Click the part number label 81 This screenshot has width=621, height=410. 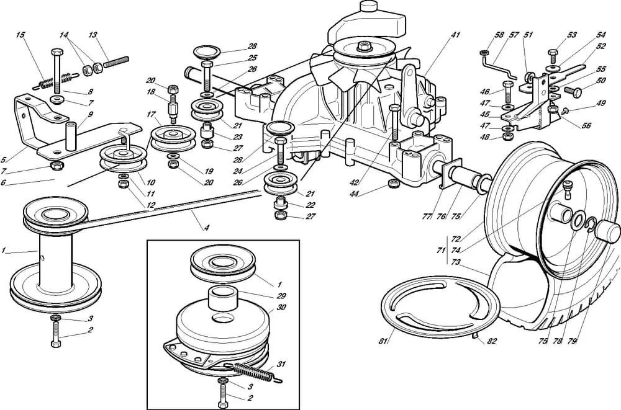tap(383, 341)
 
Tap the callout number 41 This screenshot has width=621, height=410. tap(455, 35)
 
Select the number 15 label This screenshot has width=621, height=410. tap(20, 35)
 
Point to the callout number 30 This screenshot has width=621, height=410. tap(281, 307)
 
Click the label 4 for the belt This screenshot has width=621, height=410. tap(206, 228)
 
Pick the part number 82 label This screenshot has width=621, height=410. tap(491, 341)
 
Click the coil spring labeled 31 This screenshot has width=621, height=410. tap(253, 372)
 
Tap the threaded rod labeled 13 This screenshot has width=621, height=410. tap(116, 62)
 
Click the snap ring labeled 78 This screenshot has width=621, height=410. tap(591, 224)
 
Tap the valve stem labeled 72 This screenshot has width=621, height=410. tap(568, 189)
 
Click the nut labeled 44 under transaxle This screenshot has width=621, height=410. tap(393, 183)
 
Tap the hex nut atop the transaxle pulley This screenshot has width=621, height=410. tap(363, 46)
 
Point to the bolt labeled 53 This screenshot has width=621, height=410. tap(553, 56)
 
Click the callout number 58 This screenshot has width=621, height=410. tap(499, 35)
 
